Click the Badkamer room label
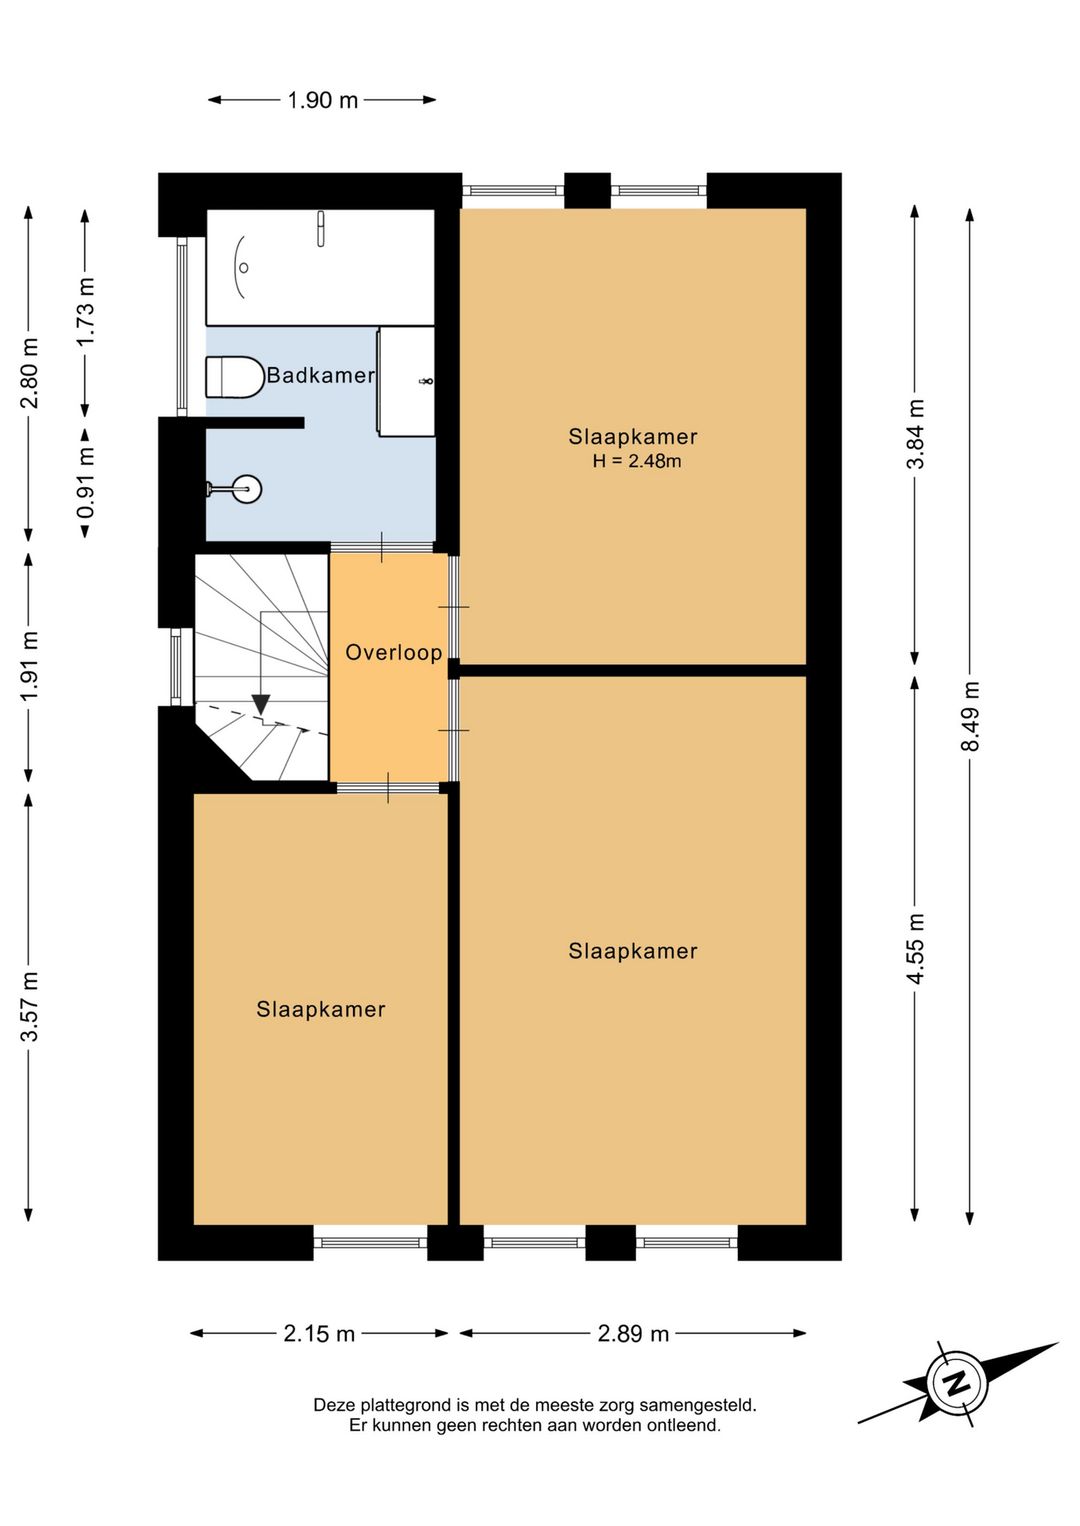click(x=320, y=375)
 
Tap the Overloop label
click(x=394, y=652)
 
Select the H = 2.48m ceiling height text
click(x=636, y=461)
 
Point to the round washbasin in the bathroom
click(x=244, y=488)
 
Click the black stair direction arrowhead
click(x=260, y=704)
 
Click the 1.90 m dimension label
click(x=322, y=100)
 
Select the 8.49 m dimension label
click(x=970, y=715)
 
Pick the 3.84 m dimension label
click(x=916, y=434)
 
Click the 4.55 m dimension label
click(x=916, y=948)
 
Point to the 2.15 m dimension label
click(x=319, y=1333)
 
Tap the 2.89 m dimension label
click(x=633, y=1333)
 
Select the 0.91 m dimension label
click(x=84, y=484)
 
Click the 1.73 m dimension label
click(x=84, y=312)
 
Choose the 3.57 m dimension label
click(x=29, y=1006)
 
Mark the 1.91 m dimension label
click(x=29, y=666)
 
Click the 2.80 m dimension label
click(x=29, y=372)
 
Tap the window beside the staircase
click(x=176, y=666)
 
